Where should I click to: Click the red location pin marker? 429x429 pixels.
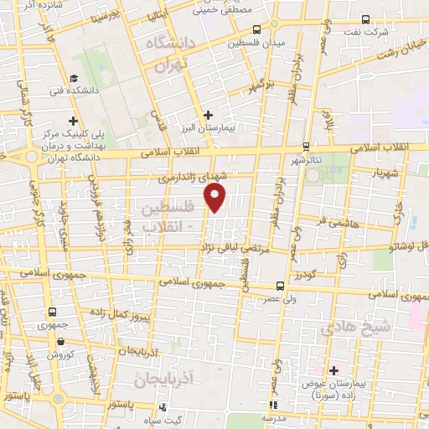215,197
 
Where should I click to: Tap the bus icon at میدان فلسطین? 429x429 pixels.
256,28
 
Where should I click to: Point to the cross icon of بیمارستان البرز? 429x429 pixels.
209,115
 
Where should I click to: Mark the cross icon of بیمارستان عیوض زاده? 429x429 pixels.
333,370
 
